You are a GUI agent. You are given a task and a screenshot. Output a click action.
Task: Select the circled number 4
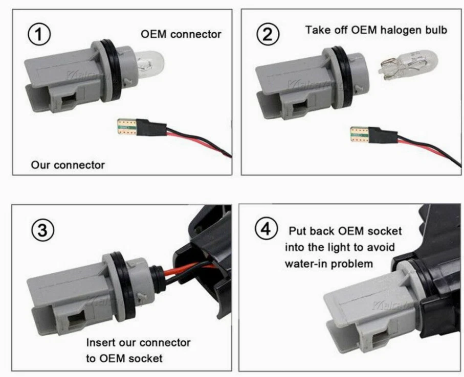267,230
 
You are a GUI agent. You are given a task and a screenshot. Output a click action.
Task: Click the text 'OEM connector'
181,34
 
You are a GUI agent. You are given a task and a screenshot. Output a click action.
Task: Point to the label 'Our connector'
68,165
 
